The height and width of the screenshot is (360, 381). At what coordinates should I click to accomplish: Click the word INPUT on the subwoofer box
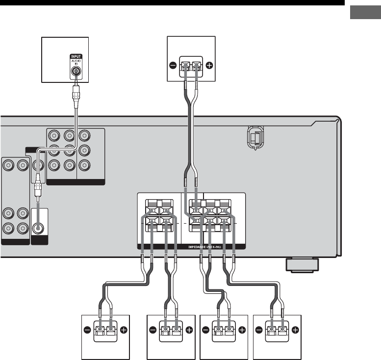(76, 56)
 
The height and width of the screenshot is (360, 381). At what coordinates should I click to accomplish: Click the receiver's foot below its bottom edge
(301, 265)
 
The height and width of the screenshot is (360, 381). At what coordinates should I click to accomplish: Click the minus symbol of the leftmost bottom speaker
(87, 330)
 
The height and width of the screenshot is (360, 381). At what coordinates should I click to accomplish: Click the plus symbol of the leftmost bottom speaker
(123, 330)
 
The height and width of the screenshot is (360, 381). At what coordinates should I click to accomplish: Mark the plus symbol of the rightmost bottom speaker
(296, 330)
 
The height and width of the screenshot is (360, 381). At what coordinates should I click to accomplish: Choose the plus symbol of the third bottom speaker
(242, 330)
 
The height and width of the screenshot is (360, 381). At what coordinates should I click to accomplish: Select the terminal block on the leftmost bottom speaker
(105, 332)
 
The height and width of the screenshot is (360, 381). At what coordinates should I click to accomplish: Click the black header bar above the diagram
(172, 2)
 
